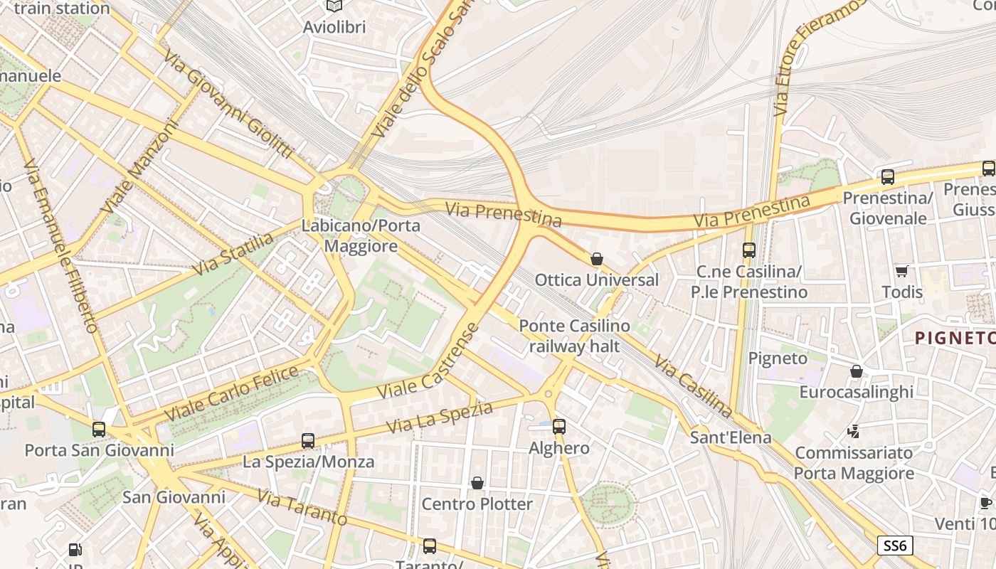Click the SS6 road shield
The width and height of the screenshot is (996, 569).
tap(895, 546)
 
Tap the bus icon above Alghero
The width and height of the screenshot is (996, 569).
tap(559, 427)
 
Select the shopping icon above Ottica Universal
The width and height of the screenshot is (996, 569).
tap(597, 259)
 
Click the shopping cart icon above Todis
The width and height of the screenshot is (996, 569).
tap(902, 271)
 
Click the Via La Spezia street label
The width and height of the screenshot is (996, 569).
tap(440, 418)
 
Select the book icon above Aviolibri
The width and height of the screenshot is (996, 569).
tap(334, 6)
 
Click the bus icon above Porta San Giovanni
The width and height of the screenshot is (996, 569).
tap(99, 430)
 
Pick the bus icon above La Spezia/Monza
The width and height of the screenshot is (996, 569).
tap(308, 441)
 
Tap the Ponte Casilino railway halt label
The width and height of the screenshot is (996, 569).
tap(574, 336)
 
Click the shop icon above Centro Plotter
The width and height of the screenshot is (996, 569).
tap(477, 484)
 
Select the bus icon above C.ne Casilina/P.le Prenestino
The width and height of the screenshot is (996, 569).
tap(749, 250)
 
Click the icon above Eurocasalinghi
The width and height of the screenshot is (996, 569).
tap(857, 371)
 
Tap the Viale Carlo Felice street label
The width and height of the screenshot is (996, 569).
tap(231, 394)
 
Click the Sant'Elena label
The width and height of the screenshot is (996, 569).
tap(731, 437)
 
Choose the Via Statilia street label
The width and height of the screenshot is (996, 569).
tap(233, 254)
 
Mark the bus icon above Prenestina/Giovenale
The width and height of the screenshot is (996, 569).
tap(888, 177)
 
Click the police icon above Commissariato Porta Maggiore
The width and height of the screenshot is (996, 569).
tap(854, 432)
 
